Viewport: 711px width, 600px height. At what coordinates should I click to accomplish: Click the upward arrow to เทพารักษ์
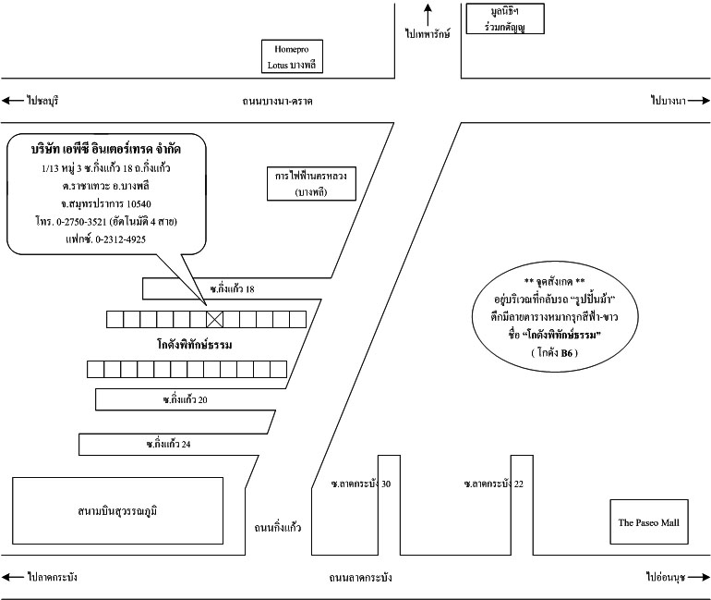click(x=428, y=15)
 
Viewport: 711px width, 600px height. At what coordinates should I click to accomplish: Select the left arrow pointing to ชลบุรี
click(x=12, y=100)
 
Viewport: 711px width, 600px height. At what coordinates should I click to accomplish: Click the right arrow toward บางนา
click(x=698, y=101)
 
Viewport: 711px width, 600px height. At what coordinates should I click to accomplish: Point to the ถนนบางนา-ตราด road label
click(x=278, y=101)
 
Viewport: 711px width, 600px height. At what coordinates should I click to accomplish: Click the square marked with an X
click(x=215, y=319)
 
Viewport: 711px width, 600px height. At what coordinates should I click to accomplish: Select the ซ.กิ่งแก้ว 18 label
click(x=232, y=288)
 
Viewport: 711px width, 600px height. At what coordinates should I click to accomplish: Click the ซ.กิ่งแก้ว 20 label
click(x=185, y=399)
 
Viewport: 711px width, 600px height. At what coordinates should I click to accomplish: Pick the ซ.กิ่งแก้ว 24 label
click(x=168, y=444)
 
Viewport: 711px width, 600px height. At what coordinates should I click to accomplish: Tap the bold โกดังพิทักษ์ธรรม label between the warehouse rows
click(x=195, y=345)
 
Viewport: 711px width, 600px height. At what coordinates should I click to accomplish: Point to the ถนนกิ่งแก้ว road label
click(x=278, y=528)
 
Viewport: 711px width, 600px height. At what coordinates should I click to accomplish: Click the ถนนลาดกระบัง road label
click(x=360, y=578)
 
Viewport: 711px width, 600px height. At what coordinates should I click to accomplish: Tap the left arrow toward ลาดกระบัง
click(x=12, y=577)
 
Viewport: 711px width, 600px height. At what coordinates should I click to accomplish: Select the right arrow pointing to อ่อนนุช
click(x=699, y=577)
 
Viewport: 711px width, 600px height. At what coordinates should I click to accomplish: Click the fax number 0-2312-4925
click(x=121, y=239)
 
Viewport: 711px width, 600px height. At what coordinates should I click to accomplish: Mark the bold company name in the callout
click(x=106, y=149)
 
